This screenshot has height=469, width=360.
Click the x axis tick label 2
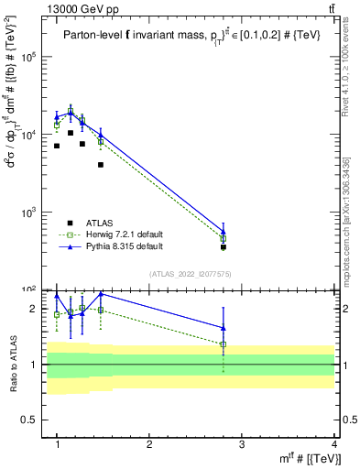click(x=149, y=444)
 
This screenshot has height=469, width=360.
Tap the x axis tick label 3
click(x=242, y=444)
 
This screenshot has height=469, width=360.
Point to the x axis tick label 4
click(x=333, y=444)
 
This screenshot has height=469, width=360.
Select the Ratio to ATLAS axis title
click(x=13, y=365)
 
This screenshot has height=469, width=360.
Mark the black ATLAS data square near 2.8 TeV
click(x=223, y=247)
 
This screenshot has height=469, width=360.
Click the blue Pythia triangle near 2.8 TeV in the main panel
click(x=223, y=231)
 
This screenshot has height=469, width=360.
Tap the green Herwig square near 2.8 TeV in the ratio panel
click(x=223, y=344)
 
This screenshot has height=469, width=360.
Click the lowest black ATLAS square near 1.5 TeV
click(x=101, y=165)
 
